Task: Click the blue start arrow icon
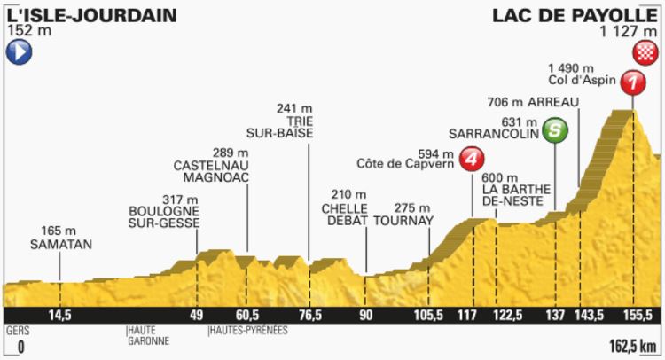pos(18,53)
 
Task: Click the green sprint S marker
pos(556,130)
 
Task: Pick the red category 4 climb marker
pos(474,160)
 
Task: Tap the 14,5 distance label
pos(59,315)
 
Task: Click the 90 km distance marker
pos(366,315)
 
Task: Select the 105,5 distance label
pos(429,315)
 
